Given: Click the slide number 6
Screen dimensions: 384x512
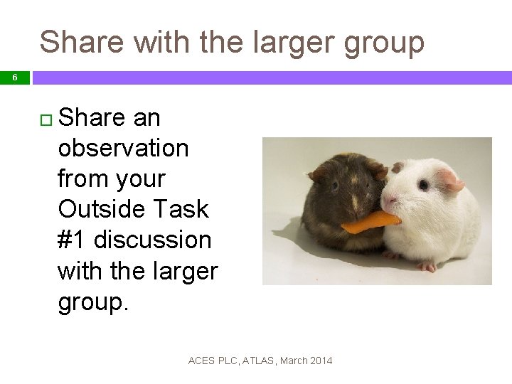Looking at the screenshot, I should pos(14,78).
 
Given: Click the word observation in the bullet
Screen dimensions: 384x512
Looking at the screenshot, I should pos(123,148).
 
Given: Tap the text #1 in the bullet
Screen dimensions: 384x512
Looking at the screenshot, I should pos(72,240).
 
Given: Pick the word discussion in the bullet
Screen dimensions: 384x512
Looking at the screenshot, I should pos(152,240).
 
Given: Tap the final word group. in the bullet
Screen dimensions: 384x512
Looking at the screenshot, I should pos(93,302).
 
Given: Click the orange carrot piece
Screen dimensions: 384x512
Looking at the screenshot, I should pos(370,222).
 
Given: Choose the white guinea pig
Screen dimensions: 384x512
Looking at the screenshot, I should pos(434,213).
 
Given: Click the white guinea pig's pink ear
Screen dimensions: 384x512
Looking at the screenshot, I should pos(451,178).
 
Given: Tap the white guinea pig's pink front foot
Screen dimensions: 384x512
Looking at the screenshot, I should pos(426,267).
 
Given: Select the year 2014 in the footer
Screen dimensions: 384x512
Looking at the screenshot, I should pos(320,361).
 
